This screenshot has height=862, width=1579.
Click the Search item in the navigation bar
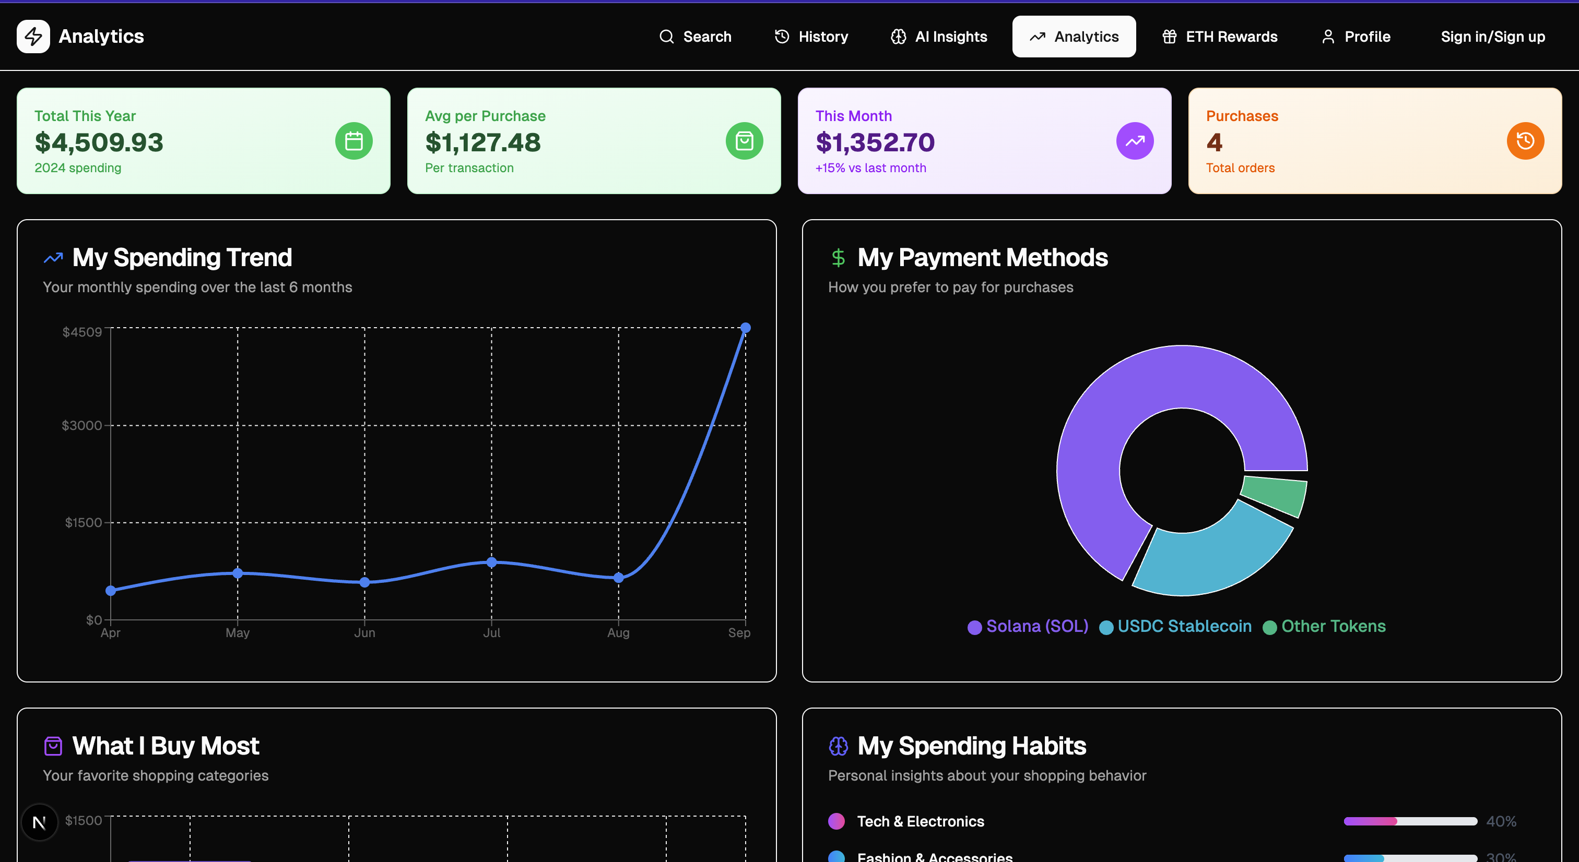pyautogui.click(x=695, y=37)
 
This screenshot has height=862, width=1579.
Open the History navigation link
pyautogui.click(x=811, y=37)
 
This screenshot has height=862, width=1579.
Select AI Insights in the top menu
pyautogui.click(x=938, y=37)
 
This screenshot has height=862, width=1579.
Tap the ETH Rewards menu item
pyautogui.click(x=1219, y=37)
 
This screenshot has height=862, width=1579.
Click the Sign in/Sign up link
pyautogui.click(x=1492, y=37)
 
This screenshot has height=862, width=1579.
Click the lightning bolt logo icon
pyautogui.click(x=33, y=37)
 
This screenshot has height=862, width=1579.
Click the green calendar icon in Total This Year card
pyautogui.click(x=353, y=141)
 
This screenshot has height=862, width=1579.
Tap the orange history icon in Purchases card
pyautogui.click(x=1525, y=141)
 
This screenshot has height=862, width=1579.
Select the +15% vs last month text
pyautogui.click(x=870, y=168)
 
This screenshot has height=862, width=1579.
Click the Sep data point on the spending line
pyautogui.click(x=745, y=328)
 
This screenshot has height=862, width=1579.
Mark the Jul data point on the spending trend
pyautogui.click(x=491, y=562)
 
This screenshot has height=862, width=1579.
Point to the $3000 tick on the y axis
pyautogui.click(x=81, y=425)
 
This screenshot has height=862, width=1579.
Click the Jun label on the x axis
pyautogui.click(x=364, y=633)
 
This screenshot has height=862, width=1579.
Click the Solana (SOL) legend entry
pyautogui.click(x=1028, y=626)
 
